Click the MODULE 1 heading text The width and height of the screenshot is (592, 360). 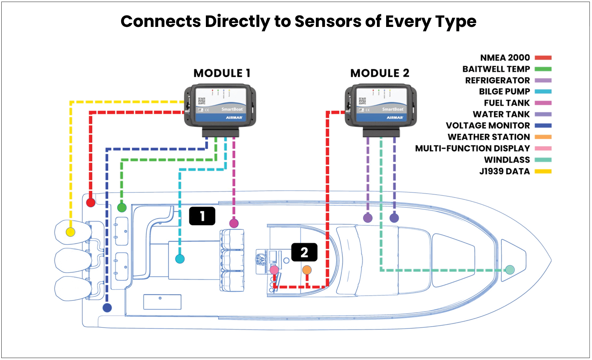(222, 73)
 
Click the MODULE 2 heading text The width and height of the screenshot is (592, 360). (380, 73)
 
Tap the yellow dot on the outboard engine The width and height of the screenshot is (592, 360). (70, 232)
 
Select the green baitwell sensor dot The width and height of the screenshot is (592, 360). (122, 208)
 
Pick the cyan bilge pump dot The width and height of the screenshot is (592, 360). (180, 259)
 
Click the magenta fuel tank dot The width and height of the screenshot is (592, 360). (234, 223)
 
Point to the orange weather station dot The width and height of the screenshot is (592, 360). (307, 270)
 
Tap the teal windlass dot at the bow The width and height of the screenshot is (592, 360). (510, 270)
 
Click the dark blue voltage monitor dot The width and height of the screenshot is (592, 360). (107, 308)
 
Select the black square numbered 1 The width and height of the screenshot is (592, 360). (202, 216)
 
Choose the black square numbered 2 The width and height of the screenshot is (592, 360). (304, 252)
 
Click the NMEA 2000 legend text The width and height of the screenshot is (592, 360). (505, 58)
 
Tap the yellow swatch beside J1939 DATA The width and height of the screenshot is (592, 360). (543, 171)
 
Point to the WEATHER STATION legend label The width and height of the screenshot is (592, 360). (489, 137)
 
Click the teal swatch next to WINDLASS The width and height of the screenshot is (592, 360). (543, 160)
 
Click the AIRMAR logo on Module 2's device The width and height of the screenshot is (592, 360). (395, 118)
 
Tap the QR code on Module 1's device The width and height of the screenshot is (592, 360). (202, 101)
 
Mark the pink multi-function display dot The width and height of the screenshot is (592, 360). (274, 270)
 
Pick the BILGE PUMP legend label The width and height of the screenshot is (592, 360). (504, 92)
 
